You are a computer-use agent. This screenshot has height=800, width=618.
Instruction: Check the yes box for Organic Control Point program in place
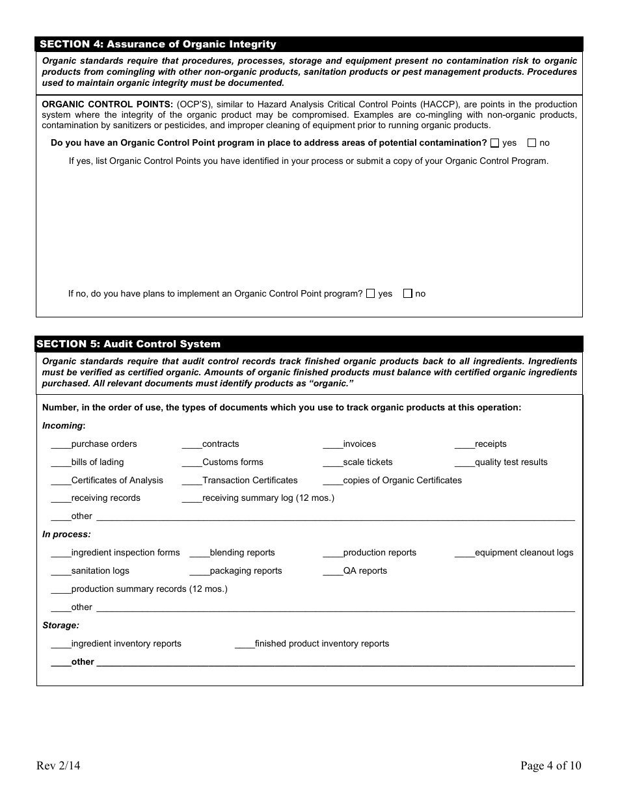[x=496, y=143]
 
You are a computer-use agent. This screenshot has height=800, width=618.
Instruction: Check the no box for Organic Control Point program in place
[x=532, y=143]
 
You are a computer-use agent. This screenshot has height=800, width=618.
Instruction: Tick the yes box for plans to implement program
[x=371, y=294]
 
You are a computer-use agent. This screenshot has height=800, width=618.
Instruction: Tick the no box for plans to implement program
[x=408, y=294]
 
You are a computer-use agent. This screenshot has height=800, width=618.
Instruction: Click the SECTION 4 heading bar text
[x=158, y=44]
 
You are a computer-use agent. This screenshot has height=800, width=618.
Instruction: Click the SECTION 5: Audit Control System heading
[x=128, y=344]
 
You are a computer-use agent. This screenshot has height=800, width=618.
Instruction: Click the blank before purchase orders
[x=60, y=445]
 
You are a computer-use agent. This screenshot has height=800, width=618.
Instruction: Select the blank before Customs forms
[x=192, y=463]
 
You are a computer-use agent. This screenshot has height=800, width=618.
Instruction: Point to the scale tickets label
[x=368, y=462]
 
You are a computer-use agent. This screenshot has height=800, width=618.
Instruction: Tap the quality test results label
[x=511, y=462]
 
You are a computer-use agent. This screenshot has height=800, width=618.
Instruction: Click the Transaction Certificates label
[x=250, y=481]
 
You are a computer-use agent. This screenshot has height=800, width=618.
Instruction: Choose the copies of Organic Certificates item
[x=402, y=481]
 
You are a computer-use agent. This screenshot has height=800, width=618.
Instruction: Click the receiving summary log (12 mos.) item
[x=268, y=498]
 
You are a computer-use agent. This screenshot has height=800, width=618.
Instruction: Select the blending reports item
[x=242, y=553]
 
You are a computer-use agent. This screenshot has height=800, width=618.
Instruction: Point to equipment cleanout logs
[x=524, y=553]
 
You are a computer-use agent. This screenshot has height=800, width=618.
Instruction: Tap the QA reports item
[x=365, y=571]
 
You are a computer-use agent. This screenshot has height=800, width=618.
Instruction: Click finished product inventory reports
[x=321, y=644]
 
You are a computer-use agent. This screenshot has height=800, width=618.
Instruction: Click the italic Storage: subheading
[x=60, y=626]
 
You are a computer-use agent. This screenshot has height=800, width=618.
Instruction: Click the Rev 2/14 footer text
[x=59, y=766]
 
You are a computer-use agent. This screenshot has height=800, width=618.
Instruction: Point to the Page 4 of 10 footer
[x=550, y=766]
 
